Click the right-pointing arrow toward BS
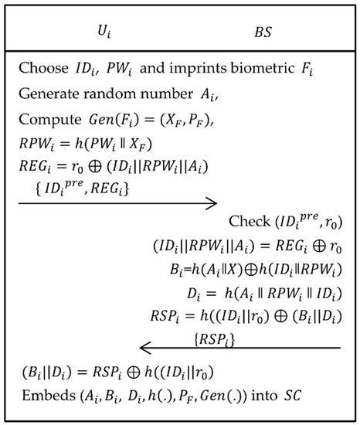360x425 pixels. (x=117, y=203)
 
